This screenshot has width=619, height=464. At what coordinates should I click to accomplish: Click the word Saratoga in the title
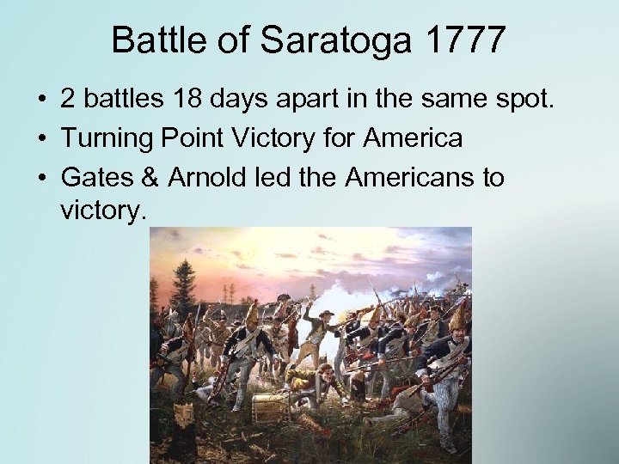coord(324,40)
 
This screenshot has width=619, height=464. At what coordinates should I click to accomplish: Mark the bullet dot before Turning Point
coord(41,138)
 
